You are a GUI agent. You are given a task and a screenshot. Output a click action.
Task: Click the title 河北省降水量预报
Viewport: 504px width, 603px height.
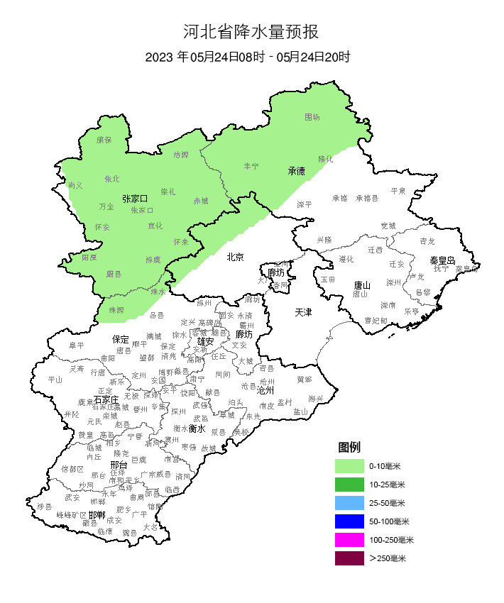click(x=251, y=32)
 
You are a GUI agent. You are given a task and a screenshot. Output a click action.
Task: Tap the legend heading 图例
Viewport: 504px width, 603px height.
click(x=349, y=447)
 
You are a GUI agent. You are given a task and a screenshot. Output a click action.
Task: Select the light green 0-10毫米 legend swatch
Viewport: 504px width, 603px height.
click(x=349, y=466)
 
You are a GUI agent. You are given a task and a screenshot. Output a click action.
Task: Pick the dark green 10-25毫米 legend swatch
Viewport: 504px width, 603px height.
click(x=349, y=485)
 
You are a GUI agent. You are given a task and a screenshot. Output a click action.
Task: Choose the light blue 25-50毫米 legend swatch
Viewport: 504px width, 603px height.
click(x=349, y=503)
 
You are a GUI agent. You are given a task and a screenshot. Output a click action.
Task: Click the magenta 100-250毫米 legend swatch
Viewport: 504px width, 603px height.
click(x=349, y=540)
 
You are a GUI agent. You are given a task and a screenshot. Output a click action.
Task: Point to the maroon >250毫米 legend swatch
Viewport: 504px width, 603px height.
click(x=349, y=558)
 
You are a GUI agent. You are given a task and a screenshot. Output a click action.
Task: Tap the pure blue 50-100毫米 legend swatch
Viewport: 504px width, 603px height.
click(x=349, y=521)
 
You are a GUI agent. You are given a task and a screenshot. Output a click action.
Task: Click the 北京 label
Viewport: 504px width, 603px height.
click(x=235, y=257)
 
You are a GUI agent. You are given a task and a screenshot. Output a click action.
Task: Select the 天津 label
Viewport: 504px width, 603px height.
click(x=304, y=312)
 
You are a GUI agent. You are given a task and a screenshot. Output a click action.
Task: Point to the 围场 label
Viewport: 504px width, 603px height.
click(x=312, y=117)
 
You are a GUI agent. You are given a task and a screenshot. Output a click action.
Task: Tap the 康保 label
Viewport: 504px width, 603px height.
click(x=104, y=140)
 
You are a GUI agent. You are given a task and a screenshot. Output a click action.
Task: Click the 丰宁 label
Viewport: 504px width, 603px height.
click(x=251, y=166)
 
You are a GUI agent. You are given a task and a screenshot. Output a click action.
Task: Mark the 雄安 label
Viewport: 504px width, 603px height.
click(x=206, y=341)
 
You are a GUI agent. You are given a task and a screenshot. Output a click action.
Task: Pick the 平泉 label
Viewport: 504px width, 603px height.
click(x=398, y=191)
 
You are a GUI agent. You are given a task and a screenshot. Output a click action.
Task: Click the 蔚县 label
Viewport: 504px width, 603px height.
click(x=114, y=274)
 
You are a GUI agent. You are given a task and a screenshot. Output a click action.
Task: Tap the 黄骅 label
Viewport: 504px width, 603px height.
click(x=304, y=379)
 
